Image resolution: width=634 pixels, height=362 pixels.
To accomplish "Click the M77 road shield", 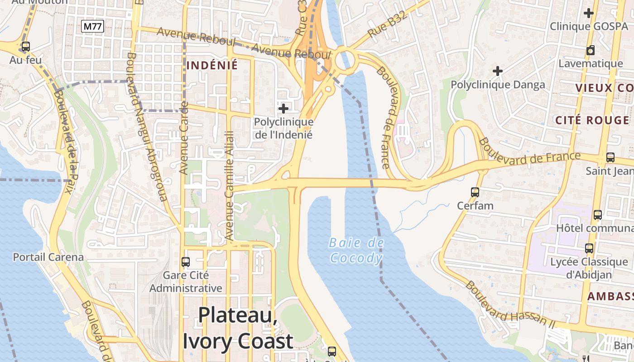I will (93, 27).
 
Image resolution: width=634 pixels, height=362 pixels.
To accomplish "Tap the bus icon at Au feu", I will (26, 47).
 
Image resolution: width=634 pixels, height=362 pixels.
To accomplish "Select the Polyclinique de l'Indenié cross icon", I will (283, 109).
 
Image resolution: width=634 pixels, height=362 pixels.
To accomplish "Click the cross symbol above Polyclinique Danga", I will (498, 71).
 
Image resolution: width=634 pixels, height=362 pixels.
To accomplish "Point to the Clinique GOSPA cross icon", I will (589, 13).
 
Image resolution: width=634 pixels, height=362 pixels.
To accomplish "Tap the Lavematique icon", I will (591, 50).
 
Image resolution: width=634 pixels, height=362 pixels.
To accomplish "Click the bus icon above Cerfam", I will (475, 192).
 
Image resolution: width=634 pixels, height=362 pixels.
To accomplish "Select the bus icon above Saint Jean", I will (610, 157).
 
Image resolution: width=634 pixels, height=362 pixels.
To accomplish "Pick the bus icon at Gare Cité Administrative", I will (186, 262).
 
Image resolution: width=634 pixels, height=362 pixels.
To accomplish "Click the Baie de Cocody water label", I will (356, 251).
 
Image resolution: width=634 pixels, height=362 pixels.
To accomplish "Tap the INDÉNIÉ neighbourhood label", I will (212, 65).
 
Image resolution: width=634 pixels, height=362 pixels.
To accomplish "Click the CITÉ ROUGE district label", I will (592, 120).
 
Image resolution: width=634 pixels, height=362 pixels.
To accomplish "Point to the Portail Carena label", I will (48, 257).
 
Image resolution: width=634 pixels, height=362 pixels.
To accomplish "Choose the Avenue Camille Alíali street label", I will (230, 186).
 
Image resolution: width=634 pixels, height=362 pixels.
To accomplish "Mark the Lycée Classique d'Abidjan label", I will (589, 268).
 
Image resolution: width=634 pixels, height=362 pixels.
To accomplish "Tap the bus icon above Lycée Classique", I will (589, 248).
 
